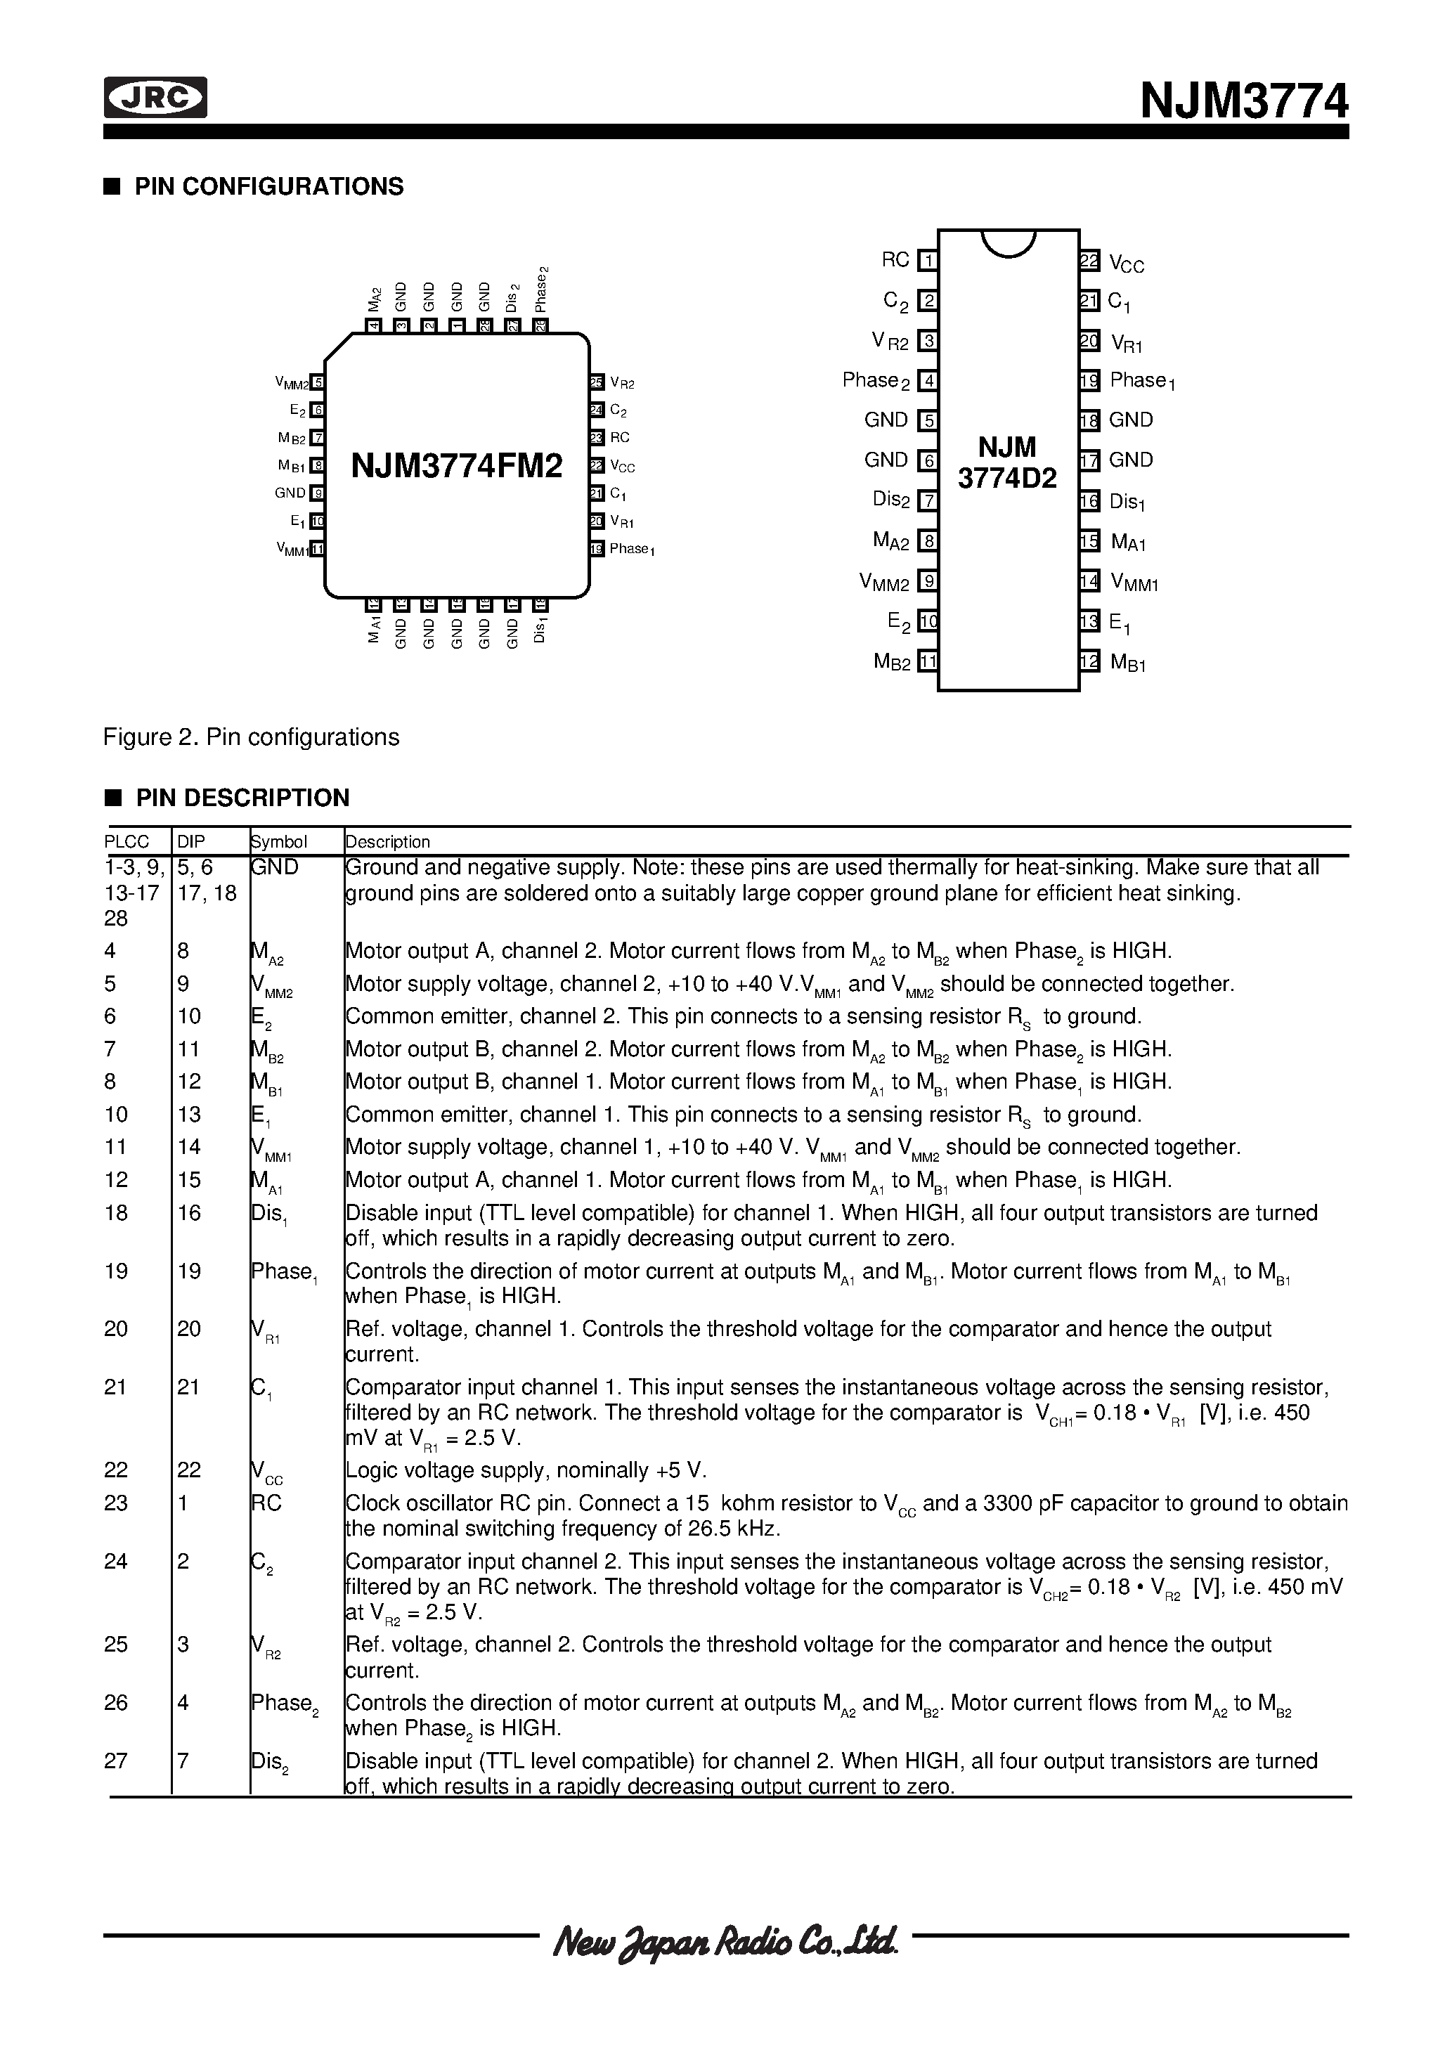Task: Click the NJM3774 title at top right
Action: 1243,101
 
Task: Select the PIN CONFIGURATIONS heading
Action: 268,186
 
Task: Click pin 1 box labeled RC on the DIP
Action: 928,261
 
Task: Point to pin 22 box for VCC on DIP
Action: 1089,261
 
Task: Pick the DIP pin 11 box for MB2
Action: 928,661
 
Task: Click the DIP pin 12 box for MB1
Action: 1089,661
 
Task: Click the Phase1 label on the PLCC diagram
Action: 632,550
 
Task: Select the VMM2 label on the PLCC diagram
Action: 292,383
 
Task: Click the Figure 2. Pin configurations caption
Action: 252,737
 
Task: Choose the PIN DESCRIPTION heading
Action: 242,798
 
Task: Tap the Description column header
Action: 388,842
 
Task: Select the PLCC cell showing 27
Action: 117,1761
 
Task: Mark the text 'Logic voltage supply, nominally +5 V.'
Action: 526,1470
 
